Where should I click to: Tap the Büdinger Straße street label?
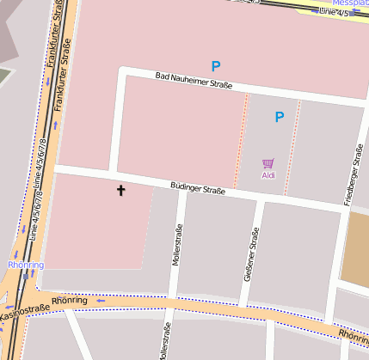[197, 188]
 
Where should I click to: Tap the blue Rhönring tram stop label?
[25, 265]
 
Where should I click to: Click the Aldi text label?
[268, 175]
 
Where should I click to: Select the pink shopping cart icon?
[268, 163]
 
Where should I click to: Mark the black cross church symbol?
[120, 190]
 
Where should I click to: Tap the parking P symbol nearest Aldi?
[279, 117]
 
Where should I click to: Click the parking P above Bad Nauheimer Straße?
[216, 65]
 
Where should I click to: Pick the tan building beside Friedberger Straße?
[355, 249]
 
